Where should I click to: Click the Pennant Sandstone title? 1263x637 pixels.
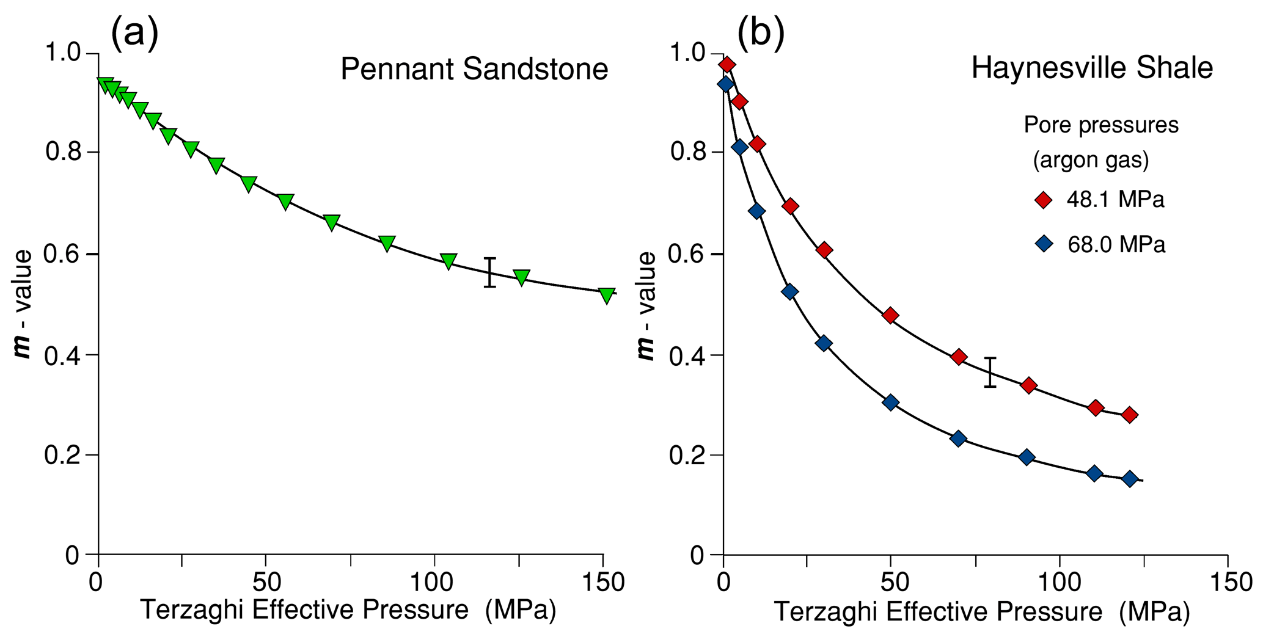474,69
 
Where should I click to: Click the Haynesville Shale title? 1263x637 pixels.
1092,68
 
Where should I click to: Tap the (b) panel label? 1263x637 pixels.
761,34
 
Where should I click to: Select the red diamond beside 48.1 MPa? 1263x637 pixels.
1044,200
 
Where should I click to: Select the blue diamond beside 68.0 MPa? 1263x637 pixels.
1044,244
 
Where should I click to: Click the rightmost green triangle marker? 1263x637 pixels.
606,295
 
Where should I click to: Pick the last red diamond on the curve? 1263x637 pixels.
1130,415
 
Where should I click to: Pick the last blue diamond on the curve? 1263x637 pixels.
1130,479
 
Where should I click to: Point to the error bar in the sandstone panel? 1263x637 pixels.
490,272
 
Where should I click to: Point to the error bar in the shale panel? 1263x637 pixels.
990,372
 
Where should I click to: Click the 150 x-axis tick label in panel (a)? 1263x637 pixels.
604,583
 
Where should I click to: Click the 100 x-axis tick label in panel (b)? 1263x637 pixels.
1058,583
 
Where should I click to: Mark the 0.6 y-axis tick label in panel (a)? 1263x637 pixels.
64,254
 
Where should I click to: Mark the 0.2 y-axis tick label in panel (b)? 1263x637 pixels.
689,455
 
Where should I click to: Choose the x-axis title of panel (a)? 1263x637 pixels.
348,610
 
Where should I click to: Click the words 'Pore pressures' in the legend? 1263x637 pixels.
1101,125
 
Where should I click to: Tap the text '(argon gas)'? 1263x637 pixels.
1091,160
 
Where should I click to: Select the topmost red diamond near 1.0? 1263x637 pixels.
727,65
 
